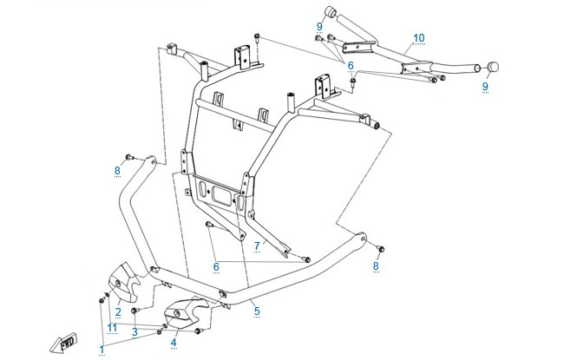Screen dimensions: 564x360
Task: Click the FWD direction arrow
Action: [x=63, y=343]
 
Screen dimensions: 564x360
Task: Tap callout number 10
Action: [x=419, y=38]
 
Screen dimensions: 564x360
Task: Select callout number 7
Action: [x=257, y=246]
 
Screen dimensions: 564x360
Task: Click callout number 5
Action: [x=257, y=311]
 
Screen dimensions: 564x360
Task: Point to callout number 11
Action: [x=112, y=328]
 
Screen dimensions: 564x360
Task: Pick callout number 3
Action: [x=134, y=332]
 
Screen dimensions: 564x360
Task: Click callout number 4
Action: [x=174, y=343]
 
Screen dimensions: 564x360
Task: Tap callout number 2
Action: [x=118, y=312]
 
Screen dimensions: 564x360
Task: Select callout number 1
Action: [x=102, y=350]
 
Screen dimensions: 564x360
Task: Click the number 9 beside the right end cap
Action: [x=485, y=87]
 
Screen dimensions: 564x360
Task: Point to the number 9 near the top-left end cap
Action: [x=319, y=27]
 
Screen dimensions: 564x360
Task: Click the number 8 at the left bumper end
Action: [x=117, y=171]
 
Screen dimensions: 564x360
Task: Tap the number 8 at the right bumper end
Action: [x=376, y=266]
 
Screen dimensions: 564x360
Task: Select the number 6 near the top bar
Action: [x=351, y=66]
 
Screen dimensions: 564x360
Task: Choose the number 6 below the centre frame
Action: [x=216, y=267]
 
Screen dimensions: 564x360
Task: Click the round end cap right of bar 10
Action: [x=493, y=67]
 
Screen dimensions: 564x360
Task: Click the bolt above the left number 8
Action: [x=129, y=157]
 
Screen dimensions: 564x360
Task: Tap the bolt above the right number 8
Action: [x=381, y=248]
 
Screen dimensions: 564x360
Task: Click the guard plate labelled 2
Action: [x=123, y=282]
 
